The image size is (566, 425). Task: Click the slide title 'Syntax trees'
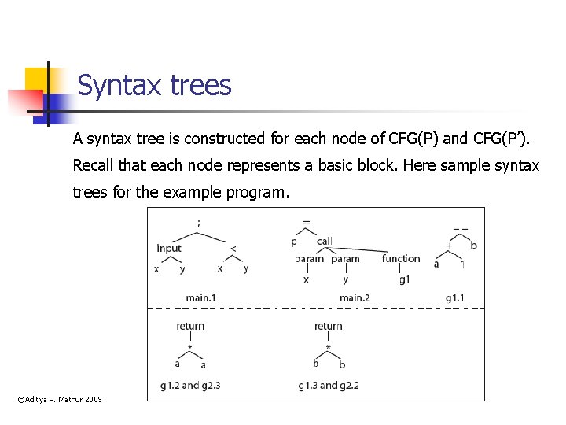click(x=154, y=85)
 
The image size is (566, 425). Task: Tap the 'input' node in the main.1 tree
click(x=169, y=249)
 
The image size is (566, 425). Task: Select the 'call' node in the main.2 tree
click(x=324, y=242)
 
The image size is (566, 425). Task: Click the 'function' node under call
click(x=401, y=259)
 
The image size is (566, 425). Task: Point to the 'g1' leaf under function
click(x=403, y=279)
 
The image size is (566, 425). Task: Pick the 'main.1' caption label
click(x=200, y=297)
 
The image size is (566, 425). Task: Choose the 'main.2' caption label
click(x=355, y=297)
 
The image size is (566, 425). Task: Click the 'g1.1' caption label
click(x=455, y=297)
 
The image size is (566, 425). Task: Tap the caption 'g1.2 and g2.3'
click(x=190, y=386)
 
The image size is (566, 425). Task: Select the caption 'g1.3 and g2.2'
click(x=329, y=386)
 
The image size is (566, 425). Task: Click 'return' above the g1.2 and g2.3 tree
click(x=190, y=327)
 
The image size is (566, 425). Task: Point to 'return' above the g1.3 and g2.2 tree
click(x=328, y=327)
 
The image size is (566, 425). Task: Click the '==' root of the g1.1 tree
click(x=460, y=227)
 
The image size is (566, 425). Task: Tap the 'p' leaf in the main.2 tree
click(x=294, y=242)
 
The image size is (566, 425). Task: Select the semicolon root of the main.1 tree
click(x=198, y=223)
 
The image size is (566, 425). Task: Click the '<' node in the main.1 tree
click(x=233, y=249)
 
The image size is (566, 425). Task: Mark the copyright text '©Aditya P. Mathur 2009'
click(x=60, y=401)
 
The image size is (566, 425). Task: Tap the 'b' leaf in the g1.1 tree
click(x=473, y=246)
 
